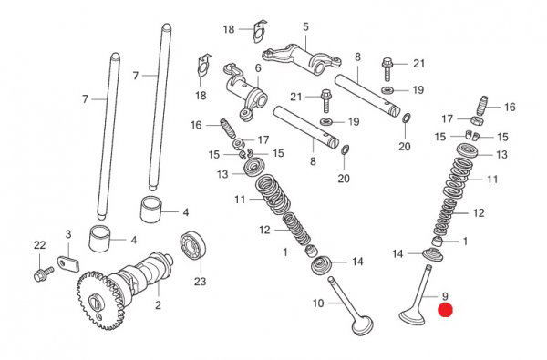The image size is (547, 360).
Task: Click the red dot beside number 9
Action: coord(446,310)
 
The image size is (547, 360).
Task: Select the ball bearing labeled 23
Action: coord(193,245)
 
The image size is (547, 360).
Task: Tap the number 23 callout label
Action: coord(201,281)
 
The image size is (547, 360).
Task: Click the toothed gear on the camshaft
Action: coord(101,300)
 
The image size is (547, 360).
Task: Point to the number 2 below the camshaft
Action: coord(158,305)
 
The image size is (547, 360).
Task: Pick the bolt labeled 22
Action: coord(44,273)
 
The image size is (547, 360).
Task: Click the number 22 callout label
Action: coord(40,245)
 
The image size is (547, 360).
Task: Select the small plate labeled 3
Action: coord(68,264)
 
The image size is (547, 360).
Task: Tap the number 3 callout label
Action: coord(68,234)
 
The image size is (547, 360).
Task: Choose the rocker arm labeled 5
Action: coord(302,58)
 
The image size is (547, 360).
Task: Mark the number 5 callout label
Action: coord(306,26)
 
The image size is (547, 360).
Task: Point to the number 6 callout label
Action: coord(258,68)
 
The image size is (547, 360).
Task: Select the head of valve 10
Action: coord(363,325)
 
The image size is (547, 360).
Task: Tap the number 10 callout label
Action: coord(318,303)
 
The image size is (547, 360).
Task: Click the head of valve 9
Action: coord(412,316)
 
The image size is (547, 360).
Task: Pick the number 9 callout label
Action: coord(445,296)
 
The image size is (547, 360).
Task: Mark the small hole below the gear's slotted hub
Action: coord(99,316)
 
